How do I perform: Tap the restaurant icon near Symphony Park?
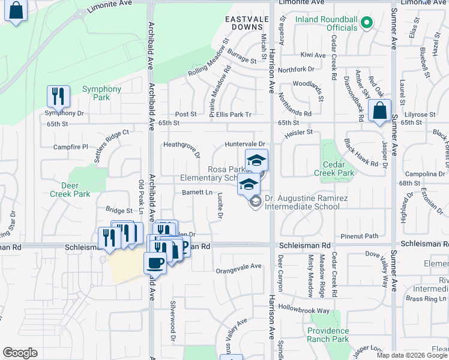click(x=58, y=96)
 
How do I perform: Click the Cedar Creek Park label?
click(x=334, y=169)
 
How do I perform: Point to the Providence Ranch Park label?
click(x=328, y=335)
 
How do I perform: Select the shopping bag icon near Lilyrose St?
click(x=379, y=111)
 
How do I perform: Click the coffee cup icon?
click(x=155, y=263)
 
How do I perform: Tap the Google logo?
click(x=20, y=353)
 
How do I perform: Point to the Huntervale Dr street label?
click(x=245, y=145)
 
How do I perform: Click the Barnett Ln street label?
click(x=197, y=193)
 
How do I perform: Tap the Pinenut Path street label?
click(x=360, y=236)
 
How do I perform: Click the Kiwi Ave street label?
click(x=313, y=55)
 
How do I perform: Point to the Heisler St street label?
click(x=301, y=132)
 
